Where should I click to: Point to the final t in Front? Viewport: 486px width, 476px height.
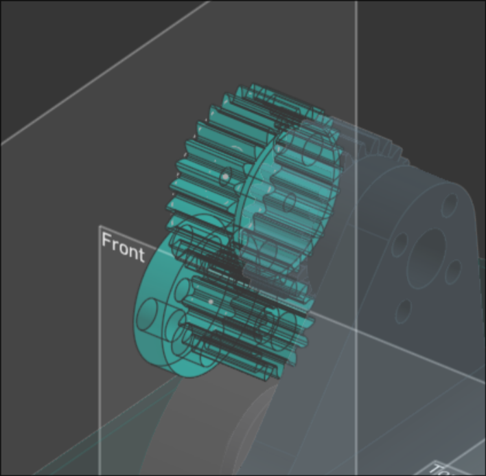pos(141,254)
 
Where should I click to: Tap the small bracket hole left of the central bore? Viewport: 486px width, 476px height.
pos(400,244)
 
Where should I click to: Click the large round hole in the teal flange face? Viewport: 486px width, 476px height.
pos(147,315)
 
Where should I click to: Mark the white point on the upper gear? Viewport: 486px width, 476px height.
pos(224,177)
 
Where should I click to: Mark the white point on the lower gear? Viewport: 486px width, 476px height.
pos(211,301)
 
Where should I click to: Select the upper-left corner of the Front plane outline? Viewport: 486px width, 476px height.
pos(100,227)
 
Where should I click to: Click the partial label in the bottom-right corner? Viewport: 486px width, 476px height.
pos(439,468)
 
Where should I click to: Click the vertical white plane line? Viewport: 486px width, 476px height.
pos(357,69)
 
